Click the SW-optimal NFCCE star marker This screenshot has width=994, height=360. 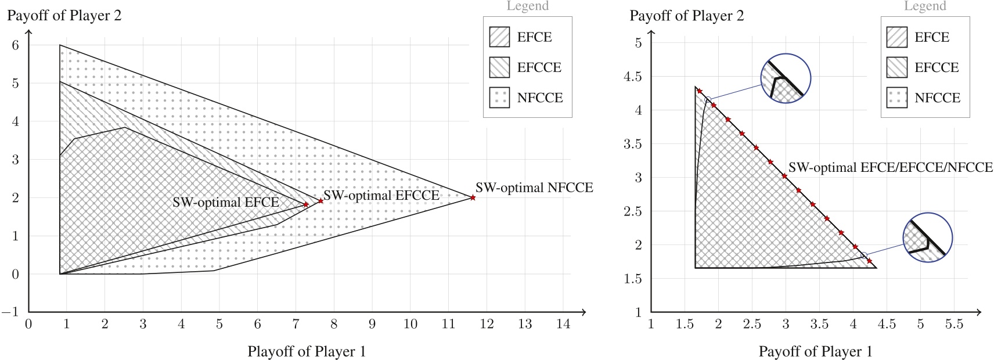point(473,198)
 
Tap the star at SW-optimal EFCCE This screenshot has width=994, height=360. point(320,201)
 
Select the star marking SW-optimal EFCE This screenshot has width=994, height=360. point(306,204)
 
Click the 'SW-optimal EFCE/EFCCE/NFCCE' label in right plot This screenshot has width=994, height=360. point(890,168)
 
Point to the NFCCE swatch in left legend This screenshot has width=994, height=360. point(499,98)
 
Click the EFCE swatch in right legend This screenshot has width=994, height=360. point(897,37)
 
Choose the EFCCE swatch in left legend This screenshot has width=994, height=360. point(499,67)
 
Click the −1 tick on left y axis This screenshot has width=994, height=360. point(10,312)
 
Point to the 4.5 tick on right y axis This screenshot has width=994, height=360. point(633,76)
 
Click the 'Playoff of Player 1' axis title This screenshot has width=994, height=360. point(307,352)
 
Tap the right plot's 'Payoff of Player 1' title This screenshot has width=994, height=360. point(815,352)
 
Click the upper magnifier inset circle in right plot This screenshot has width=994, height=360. point(786,78)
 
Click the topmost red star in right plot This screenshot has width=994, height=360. point(700,91)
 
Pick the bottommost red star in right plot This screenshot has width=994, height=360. point(869,261)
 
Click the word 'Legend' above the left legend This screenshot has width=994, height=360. point(527,6)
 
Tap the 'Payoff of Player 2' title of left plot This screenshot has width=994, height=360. point(64,16)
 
